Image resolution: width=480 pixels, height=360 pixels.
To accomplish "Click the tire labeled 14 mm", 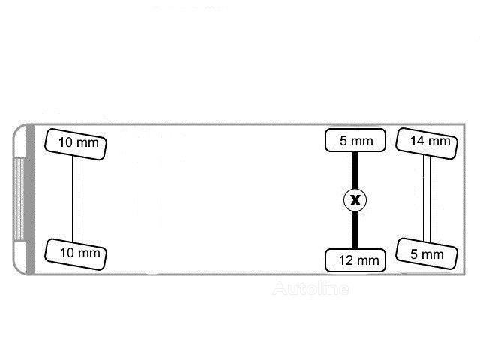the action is [427, 143].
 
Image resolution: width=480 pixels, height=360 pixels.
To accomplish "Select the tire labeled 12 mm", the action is [355, 260].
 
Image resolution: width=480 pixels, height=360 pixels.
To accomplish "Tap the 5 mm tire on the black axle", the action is [355, 140].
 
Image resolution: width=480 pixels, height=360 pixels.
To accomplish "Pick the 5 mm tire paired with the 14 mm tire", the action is [427, 253].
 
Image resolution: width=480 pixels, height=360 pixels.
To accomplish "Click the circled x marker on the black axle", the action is [355, 200].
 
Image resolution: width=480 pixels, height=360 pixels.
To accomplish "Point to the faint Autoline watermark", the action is [310, 288].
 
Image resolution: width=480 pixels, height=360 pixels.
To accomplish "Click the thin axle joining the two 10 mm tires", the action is [76, 199].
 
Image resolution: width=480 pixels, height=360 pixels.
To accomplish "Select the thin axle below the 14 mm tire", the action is [427, 199].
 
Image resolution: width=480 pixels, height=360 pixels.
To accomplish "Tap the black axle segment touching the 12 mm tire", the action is [355, 230].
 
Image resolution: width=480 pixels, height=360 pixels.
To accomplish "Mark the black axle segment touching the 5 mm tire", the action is [355, 170].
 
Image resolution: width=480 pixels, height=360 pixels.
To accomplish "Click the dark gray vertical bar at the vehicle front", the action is [30, 199].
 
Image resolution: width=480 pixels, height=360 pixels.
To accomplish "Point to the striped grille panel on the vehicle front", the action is [19, 199].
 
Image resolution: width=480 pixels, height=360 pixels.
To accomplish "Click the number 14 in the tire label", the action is [417, 141].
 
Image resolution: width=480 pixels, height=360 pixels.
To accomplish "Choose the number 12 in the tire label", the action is [346, 260].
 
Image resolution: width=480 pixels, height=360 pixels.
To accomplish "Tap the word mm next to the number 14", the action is [439, 142].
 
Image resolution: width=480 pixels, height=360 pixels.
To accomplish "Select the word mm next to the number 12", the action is [367, 261].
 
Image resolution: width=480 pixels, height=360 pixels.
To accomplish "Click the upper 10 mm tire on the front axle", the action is [76, 144].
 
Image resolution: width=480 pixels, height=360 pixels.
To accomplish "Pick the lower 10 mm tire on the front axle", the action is [76, 254].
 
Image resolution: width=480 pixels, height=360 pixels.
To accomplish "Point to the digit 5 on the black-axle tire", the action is [343, 141].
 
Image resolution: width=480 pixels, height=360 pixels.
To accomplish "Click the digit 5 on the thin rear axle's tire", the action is [413, 254].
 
